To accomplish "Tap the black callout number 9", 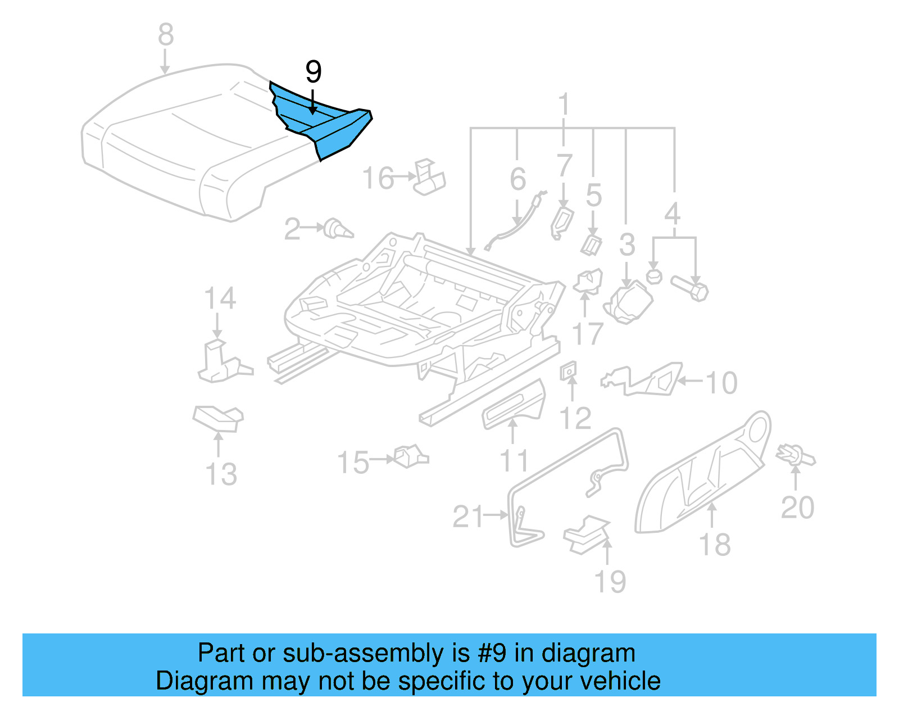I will click(313, 72).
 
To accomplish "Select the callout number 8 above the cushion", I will click(165, 35).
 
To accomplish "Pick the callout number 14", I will click(219, 298).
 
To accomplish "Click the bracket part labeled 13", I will click(219, 417).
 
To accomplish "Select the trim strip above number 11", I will click(515, 405).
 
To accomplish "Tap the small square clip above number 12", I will click(568, 370).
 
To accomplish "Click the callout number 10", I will click(721, 383).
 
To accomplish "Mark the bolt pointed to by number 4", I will click(690, 287).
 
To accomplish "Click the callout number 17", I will click(588, 334).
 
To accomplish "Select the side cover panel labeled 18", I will click(702, 472).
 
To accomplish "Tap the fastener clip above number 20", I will click(794, 454).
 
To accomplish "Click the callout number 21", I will click(467, 517).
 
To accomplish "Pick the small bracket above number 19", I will click(587, 535).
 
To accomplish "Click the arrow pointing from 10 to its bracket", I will click(691, 381).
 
